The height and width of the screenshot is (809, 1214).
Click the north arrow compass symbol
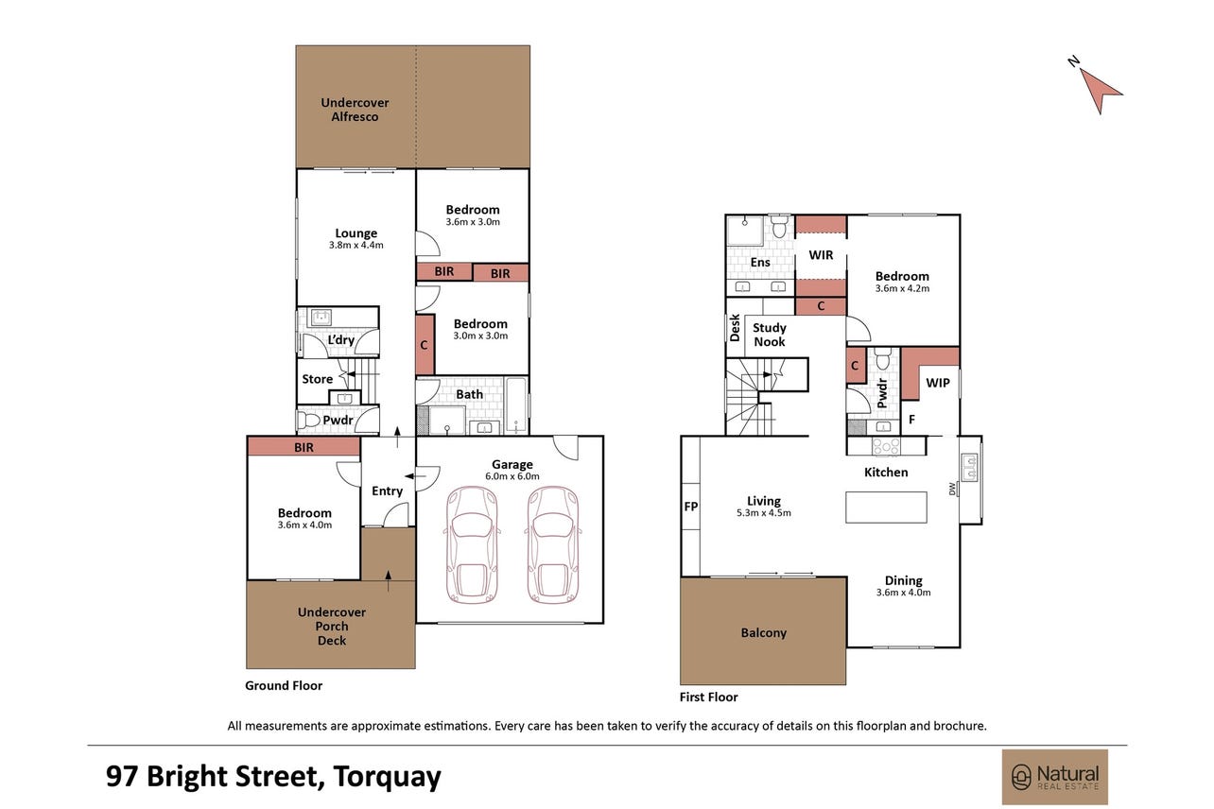(x=1098, y=91)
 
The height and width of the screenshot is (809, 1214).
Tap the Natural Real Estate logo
(x=1054, y=777)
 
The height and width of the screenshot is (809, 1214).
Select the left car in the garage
(x=471, y=545)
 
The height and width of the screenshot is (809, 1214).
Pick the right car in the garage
(x=553, y=545)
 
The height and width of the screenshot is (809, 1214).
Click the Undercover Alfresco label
(x=355, y=110)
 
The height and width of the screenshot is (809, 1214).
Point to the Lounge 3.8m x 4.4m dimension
(x=356, y=245)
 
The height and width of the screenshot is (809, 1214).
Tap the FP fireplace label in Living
(x=690, y=507)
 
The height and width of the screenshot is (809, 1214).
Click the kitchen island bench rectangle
(x=886, y=508)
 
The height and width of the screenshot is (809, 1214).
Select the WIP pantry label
(x=938, y=383)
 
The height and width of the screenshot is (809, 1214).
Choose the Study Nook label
(x=769, y=335)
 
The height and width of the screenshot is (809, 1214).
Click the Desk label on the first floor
(x=735, y=328)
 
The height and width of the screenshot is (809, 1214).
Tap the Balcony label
(x=763, y=633)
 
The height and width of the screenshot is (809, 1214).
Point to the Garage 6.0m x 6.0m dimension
(x=512, y=476)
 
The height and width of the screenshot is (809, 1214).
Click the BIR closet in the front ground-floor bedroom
(x=303, y=447)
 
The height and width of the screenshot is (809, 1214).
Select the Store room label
(x=317, y=379)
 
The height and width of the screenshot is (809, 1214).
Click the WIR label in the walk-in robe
(x=821, y=255)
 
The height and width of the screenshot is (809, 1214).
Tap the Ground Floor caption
(x=284, y=685)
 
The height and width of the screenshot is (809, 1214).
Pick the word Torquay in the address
(x=387, y=777)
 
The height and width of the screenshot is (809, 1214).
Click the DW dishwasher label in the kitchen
(x=952, y=489)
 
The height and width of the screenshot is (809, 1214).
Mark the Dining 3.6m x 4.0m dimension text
(x=904, y=593)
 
